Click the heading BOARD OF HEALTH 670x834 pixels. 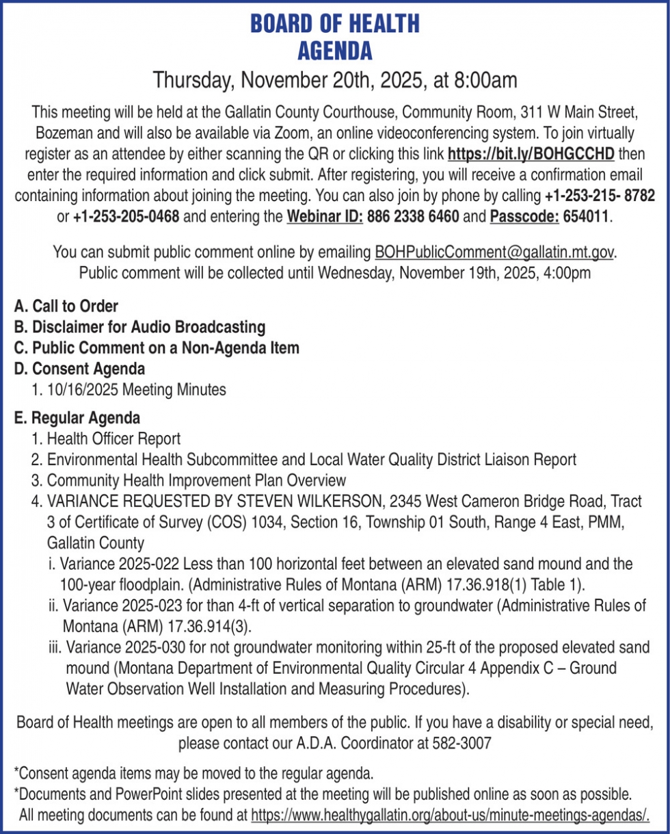click(334, 25)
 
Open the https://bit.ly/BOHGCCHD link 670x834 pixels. click(531, 151)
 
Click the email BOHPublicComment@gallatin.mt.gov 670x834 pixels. click(495, 252)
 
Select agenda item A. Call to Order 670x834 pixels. click(66, 306)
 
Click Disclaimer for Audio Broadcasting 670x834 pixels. click(139, 326)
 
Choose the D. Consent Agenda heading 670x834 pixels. click(79, 369)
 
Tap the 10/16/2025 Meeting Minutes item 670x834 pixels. click(129, 390)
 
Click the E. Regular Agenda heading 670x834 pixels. click(77, 417)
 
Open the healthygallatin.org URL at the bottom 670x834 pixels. click(450, 815)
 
